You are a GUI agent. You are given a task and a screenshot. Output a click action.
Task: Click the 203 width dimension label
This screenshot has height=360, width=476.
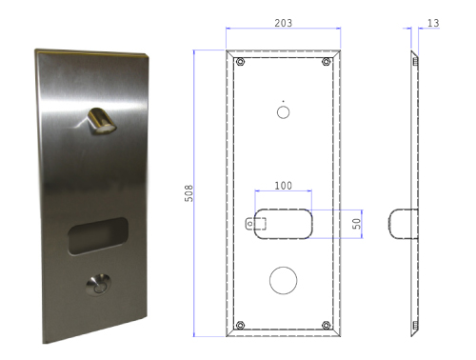[284, 23]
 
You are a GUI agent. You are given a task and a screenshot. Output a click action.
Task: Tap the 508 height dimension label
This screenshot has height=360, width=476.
[188, 193]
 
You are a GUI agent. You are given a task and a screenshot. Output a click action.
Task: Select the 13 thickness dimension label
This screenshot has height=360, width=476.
[433, 23]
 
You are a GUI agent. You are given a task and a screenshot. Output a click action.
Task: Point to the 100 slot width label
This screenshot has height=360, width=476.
[284, 186]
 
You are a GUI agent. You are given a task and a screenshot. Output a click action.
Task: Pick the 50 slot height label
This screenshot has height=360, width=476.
[357, 224]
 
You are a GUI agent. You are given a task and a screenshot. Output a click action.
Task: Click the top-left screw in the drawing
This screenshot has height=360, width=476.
[241, 61]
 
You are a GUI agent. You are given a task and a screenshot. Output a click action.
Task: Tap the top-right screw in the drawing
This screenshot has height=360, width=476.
[326, 61]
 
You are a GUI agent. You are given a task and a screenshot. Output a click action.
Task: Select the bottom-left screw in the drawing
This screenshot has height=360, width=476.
[241, 325]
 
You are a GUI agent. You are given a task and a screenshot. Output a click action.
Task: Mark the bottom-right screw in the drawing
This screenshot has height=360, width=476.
[326, 325]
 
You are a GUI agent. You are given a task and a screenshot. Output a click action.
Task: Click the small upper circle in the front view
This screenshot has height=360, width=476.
[284, 112]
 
